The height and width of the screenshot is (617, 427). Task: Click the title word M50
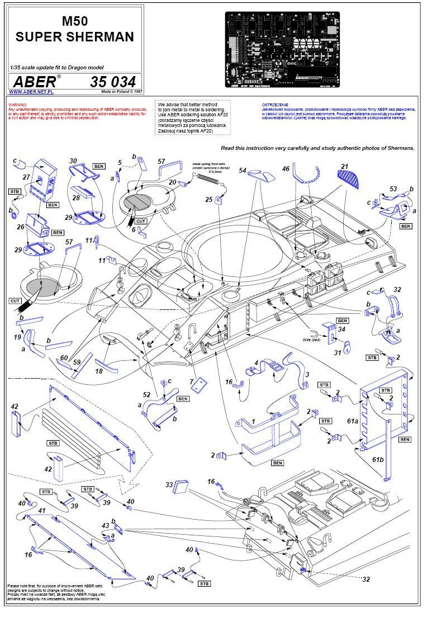pyautogui.click(x=74, y=21)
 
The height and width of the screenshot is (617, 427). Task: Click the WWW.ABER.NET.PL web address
pyautogui.click(x=31, y=92)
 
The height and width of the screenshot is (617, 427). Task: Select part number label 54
pyautogui.click(x=243, y=170)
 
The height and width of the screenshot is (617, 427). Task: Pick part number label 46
pyautogui.click(x=286, y=168)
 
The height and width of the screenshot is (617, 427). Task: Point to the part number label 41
pyautogui.click(x=41, y=511)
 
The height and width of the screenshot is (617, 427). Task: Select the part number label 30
pyautogui.click(x=73, y=161)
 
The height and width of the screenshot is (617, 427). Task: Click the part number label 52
pyautogui.click(x=146, y=395)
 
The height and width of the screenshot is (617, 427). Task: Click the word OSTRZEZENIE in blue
pyautogui.click(x=274, y=105)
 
